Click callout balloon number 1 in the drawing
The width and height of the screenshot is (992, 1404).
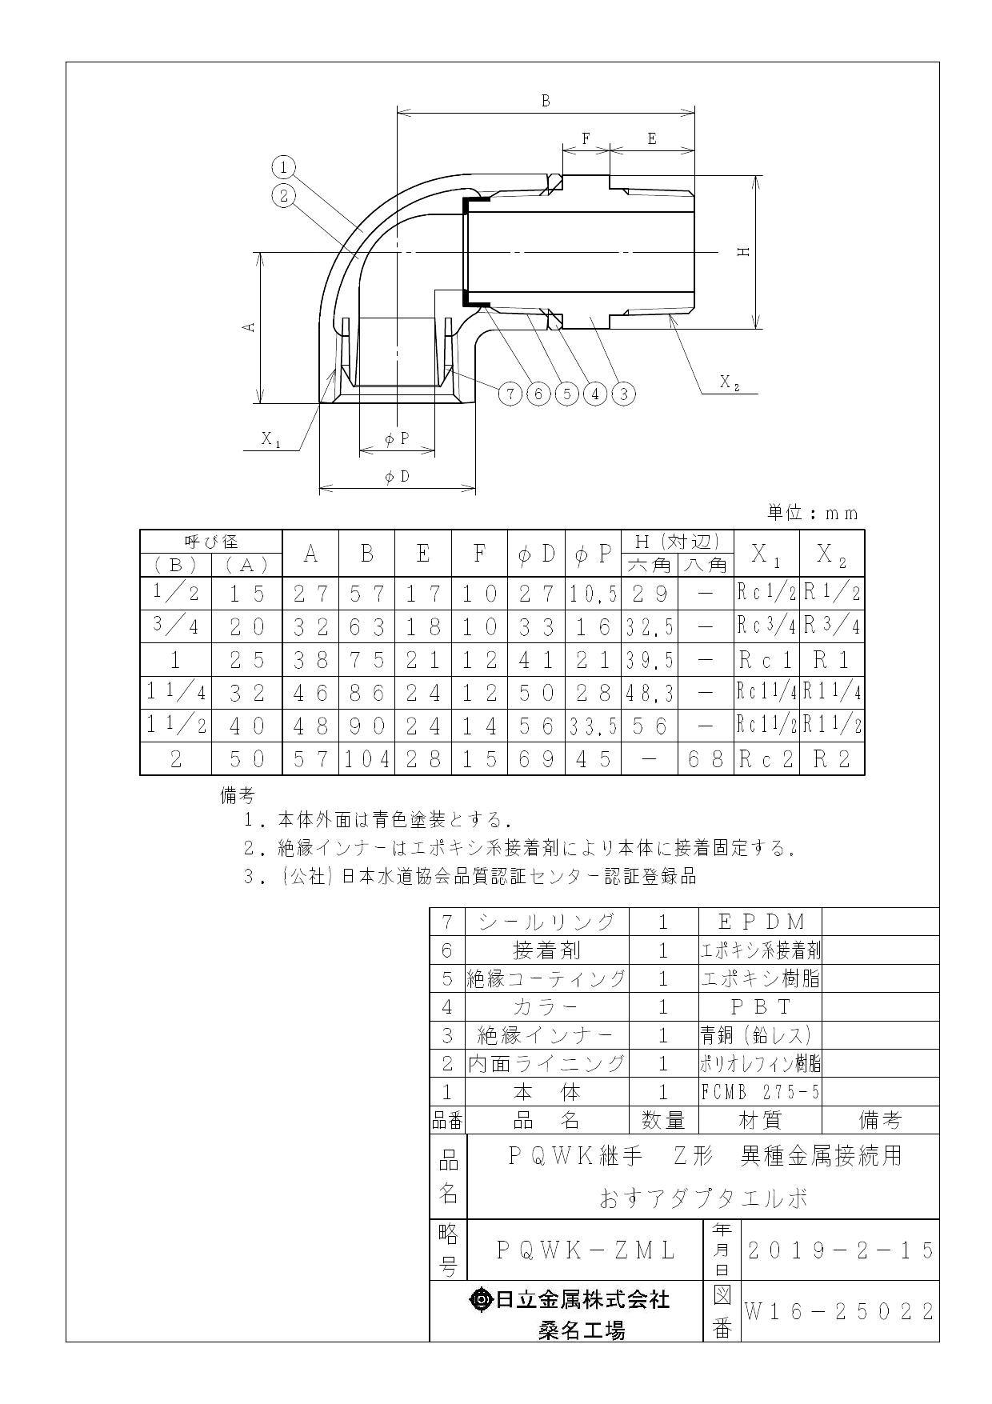pyautogui.click(x=283, y=167)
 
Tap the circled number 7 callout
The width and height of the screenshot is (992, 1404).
pyautogui.click(x=509, y=393)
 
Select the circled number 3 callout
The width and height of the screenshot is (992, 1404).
pyautogui.click(x=623, y=393)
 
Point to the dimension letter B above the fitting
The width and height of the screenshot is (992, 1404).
pyautogui.click(x=546, y=101)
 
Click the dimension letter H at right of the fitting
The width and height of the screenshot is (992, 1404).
pyautogui.click(x=743, y=251)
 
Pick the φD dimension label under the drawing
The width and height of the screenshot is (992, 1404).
pyautogui.click(x=397, y=477)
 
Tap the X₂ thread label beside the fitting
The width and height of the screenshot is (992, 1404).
pyautogui.click(x=729, y=382)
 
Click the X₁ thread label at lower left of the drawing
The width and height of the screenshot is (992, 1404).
pyautogui.click(x=271, y=438)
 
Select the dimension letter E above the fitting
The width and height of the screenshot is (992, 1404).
pyautogui.click(x=651, y=139)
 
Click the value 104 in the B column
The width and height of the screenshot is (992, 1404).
pyautogui.click(x=367, y=759)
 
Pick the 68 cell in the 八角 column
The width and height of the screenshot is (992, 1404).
pyautogui.click(x=706, y=759)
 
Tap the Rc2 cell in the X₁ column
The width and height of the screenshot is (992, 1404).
pyautogui.click(x=766, y=759)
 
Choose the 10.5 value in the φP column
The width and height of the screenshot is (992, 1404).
pyautogui.click(x=593, y=594)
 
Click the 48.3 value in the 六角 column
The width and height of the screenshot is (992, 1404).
pyautogui.click(x=649, y=693)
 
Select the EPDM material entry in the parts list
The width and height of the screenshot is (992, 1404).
pyautogui.click(x=760, y=922)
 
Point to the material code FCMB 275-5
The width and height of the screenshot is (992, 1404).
pyautogui.click(x=760, y=1092)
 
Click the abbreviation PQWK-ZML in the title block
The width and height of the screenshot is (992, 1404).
pyautogui.click(x=586, y=1250)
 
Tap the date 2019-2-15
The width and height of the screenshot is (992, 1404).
pyautogui.click(x=840, y=1250)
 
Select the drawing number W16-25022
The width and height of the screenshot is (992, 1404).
pyautogui.click(x=840, y=1311)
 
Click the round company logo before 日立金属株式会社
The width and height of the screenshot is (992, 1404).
pyautogui.click(x=482, y=1300)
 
